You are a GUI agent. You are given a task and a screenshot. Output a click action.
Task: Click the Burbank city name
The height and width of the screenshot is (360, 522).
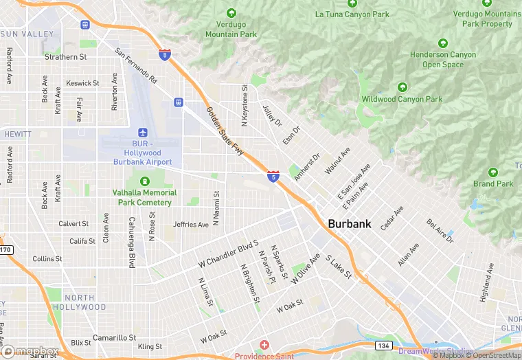pos(350,223)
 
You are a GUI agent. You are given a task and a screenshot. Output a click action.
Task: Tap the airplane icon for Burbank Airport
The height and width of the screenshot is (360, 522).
pos(143,132)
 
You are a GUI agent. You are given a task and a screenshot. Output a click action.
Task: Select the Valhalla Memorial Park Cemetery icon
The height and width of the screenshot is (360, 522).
pos(145,181)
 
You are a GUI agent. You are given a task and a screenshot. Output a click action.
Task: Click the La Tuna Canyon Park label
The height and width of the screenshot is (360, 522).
pos(352,14)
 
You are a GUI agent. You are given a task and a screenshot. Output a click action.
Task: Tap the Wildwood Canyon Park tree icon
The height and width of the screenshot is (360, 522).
pos(402,87)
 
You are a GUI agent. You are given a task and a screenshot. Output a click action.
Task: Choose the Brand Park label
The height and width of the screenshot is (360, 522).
pos(493,183)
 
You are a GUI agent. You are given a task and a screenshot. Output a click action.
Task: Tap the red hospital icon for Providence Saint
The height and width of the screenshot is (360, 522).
pos(264,344)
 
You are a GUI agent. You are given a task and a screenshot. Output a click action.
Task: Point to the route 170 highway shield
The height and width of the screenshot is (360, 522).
pos(5,249)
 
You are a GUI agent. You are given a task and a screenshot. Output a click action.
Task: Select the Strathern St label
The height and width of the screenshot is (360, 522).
pos(66,57)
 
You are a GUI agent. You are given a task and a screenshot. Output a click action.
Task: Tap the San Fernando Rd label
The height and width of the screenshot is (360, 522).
pos(136,66)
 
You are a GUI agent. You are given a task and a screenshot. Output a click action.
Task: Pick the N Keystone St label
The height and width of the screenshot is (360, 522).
pos(245,105)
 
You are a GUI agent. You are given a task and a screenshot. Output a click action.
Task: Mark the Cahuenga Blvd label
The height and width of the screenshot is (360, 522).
pos(130,240)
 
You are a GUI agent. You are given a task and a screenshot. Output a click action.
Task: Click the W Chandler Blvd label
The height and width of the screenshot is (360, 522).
pos(227,254)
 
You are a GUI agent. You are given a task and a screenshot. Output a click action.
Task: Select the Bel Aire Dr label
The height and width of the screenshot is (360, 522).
pos(440,232)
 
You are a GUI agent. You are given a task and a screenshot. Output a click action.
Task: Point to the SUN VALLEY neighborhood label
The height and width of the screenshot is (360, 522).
pos(27,34)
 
